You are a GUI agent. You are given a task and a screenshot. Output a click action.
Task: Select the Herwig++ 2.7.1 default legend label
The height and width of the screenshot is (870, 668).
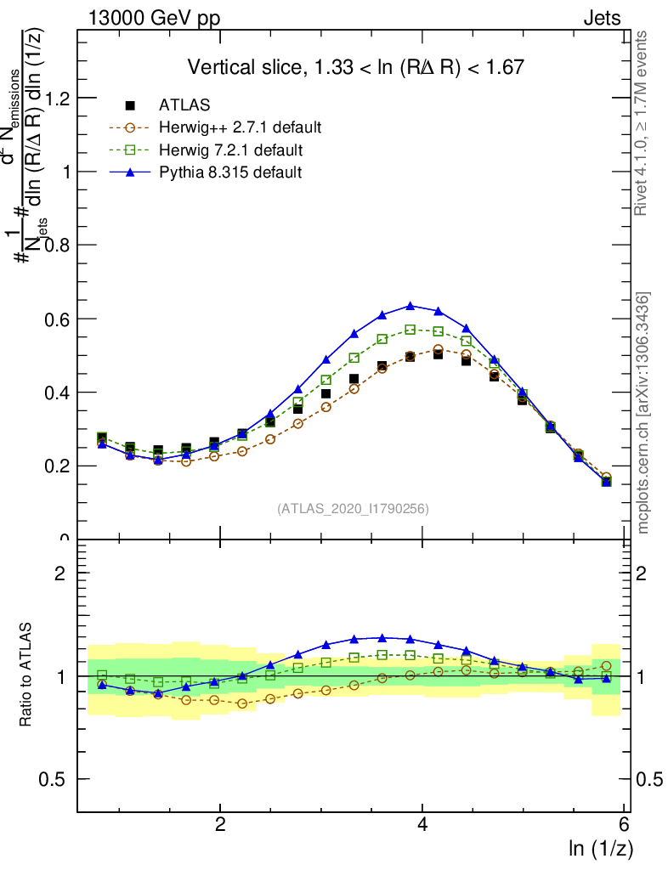240,128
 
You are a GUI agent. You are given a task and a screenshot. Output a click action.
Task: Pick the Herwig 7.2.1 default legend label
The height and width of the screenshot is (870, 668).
230,150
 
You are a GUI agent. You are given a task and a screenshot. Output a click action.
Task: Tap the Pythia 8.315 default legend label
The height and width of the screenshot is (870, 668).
229,172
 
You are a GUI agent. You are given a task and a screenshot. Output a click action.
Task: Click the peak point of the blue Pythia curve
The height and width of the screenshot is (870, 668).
410,306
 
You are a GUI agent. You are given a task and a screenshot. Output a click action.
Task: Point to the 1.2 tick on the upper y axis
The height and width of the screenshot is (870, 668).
56,98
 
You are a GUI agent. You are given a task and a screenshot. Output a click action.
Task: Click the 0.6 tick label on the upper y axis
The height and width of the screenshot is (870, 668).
56,319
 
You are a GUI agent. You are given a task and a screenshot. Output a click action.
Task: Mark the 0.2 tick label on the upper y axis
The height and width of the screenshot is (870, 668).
56,466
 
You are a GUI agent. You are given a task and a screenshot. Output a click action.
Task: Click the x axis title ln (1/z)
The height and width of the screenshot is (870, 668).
601,848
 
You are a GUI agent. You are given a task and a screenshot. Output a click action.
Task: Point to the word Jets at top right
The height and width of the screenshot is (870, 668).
602,18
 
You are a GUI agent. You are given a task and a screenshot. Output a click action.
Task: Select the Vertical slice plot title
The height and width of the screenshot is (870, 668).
355,67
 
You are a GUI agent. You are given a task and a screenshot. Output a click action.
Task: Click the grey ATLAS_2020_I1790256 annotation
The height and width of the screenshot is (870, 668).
352,509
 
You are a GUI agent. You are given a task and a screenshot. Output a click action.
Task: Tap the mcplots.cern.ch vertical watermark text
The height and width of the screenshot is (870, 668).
643,413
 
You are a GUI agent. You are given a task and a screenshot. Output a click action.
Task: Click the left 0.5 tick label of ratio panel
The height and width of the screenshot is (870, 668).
56,779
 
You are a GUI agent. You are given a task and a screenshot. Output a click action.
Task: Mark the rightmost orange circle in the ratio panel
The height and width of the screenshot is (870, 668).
606,666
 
